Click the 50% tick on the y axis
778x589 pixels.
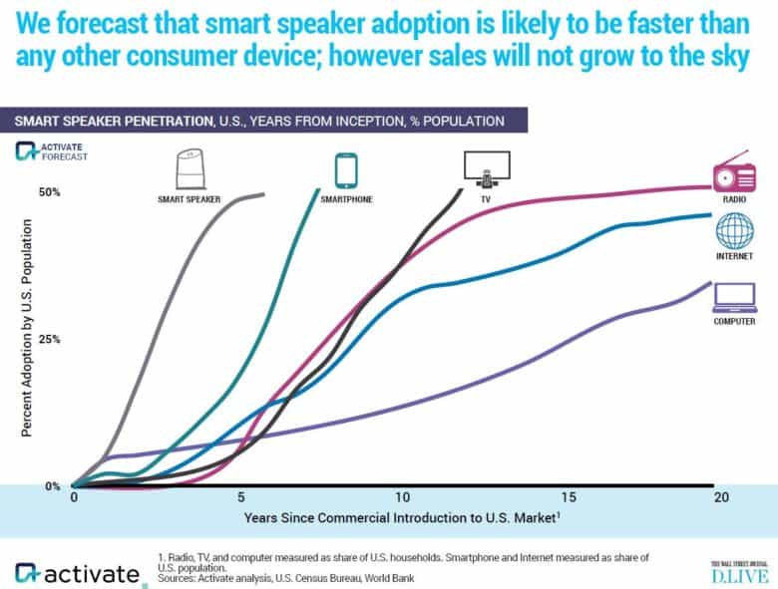pos(50,191)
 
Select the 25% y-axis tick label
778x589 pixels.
pos(50,339)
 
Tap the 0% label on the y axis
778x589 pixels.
pos(53,486)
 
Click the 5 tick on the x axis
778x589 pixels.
pos(239,496)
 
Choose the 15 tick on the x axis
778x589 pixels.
pos(568,496)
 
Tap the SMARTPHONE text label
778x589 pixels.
pos(346,199)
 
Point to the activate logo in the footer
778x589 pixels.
pos(77,573)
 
